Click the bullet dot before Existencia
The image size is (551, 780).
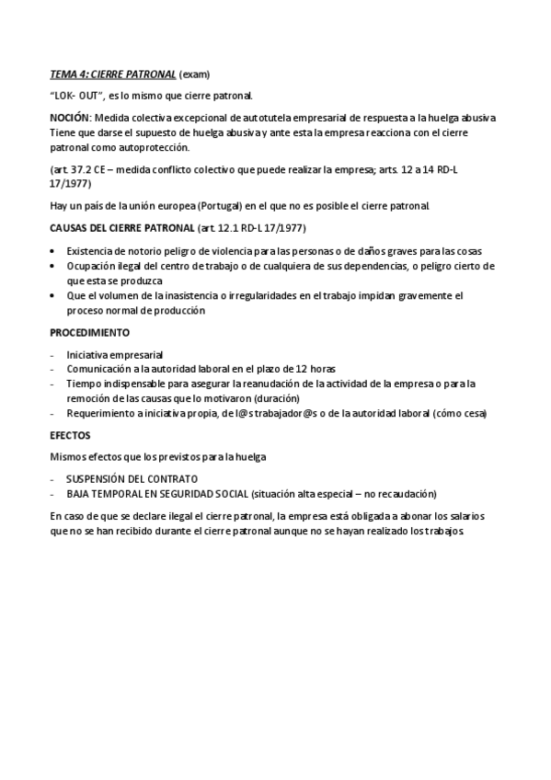coord(53,250)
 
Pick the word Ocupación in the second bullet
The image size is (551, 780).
coord(88,265)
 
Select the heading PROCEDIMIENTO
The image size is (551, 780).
coord(89,331)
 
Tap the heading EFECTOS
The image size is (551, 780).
coord(70,435)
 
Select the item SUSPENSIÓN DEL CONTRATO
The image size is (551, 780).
coord(131,479)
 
